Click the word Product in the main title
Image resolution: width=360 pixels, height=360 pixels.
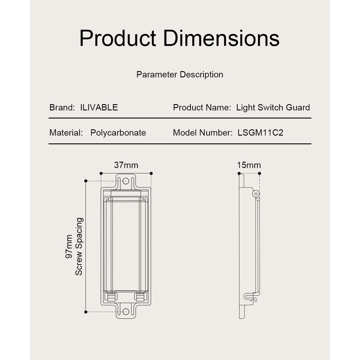[x=118, y=38]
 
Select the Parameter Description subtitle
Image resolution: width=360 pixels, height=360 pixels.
[x=180, y=75]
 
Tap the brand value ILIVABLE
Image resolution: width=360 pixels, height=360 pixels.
[x=99, y=107]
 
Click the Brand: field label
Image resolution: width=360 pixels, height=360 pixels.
[x=62, y=107]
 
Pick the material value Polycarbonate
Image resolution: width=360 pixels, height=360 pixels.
[x=118, y=133]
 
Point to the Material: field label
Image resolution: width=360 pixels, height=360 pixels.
[x=66, y=133]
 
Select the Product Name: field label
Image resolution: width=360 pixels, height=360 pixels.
[x=202, y=107]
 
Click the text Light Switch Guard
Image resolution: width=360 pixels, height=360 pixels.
[x=273, y=107]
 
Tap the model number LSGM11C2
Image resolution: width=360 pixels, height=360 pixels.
[x=260, y=133]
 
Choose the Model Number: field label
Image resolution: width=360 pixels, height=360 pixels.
[x=202, y=133]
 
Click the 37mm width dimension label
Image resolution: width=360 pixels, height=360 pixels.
[x=126, y=165]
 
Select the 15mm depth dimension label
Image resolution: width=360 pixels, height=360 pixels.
[x=249, y=165]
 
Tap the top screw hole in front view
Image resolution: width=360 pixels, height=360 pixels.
[x=126, y=181]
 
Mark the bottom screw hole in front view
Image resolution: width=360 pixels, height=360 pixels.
[x=126, y=312]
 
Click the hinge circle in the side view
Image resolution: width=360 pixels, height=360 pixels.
[x=256, y=194]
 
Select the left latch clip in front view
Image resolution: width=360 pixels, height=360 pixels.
[x=111, y=297]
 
